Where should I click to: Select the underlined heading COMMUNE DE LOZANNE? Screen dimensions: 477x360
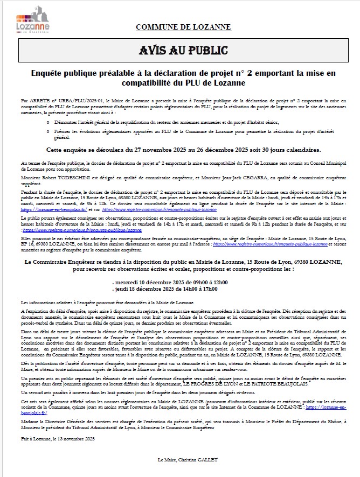click(180, 27)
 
